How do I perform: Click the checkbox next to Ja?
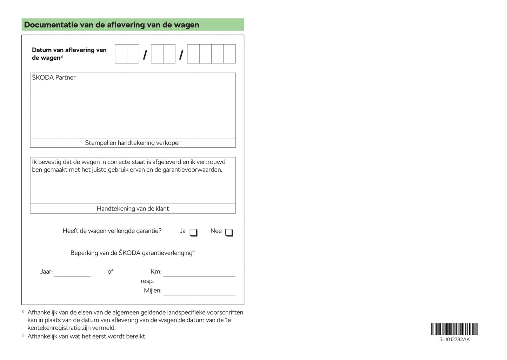tap(193, 232)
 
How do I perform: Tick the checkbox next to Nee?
tap(229, 232)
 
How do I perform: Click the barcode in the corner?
tap(454, 329)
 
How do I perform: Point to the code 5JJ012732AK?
tap(454, 339)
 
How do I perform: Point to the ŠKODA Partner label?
tap(54, 78)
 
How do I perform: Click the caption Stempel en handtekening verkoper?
tap(133, 143)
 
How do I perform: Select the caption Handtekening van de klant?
tap(133, 208)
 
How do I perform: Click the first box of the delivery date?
tap(121, 54)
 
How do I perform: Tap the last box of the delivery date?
tap(229, 54)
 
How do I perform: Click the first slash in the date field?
tap(145, 55)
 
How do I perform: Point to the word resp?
tap(147, 281)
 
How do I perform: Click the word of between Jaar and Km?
tap(111, 272)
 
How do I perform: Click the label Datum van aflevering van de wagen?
tap(69, 54)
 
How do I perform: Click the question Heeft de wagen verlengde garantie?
tap(112, 231)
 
